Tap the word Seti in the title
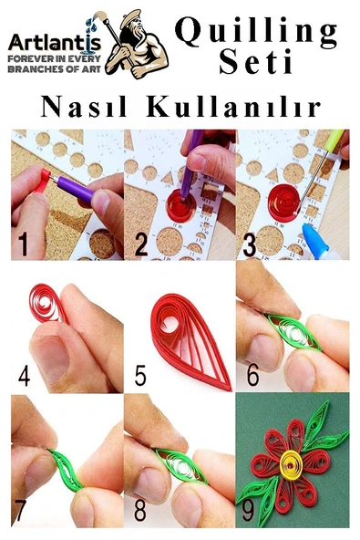click(x=256, y=65)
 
